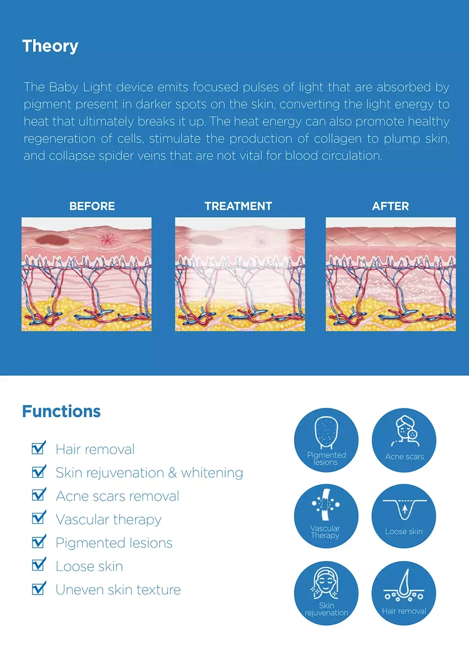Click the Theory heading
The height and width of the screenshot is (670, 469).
[50, 46]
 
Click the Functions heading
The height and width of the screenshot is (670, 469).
[61, 411]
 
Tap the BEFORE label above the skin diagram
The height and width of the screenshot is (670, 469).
[92, 206]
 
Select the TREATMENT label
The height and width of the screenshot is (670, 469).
[238, 206]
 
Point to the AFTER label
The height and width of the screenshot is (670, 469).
[390, 206]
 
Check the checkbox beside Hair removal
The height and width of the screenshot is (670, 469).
[38, 448]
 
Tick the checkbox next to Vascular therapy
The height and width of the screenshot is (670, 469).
[38, 518]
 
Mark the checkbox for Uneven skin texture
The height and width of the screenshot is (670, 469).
[38, 588]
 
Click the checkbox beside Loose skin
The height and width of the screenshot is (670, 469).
[38, 565]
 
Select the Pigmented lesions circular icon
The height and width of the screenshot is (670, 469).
[326, 440]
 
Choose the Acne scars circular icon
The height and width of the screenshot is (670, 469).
[404, 440]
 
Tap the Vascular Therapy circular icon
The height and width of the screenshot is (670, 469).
[326, 516]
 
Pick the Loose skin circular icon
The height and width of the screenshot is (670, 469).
[404, 516]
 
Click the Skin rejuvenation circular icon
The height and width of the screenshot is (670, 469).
[326, 593]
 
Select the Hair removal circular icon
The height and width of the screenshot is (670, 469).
[404, 593]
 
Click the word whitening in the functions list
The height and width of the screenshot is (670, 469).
[212, 473]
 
